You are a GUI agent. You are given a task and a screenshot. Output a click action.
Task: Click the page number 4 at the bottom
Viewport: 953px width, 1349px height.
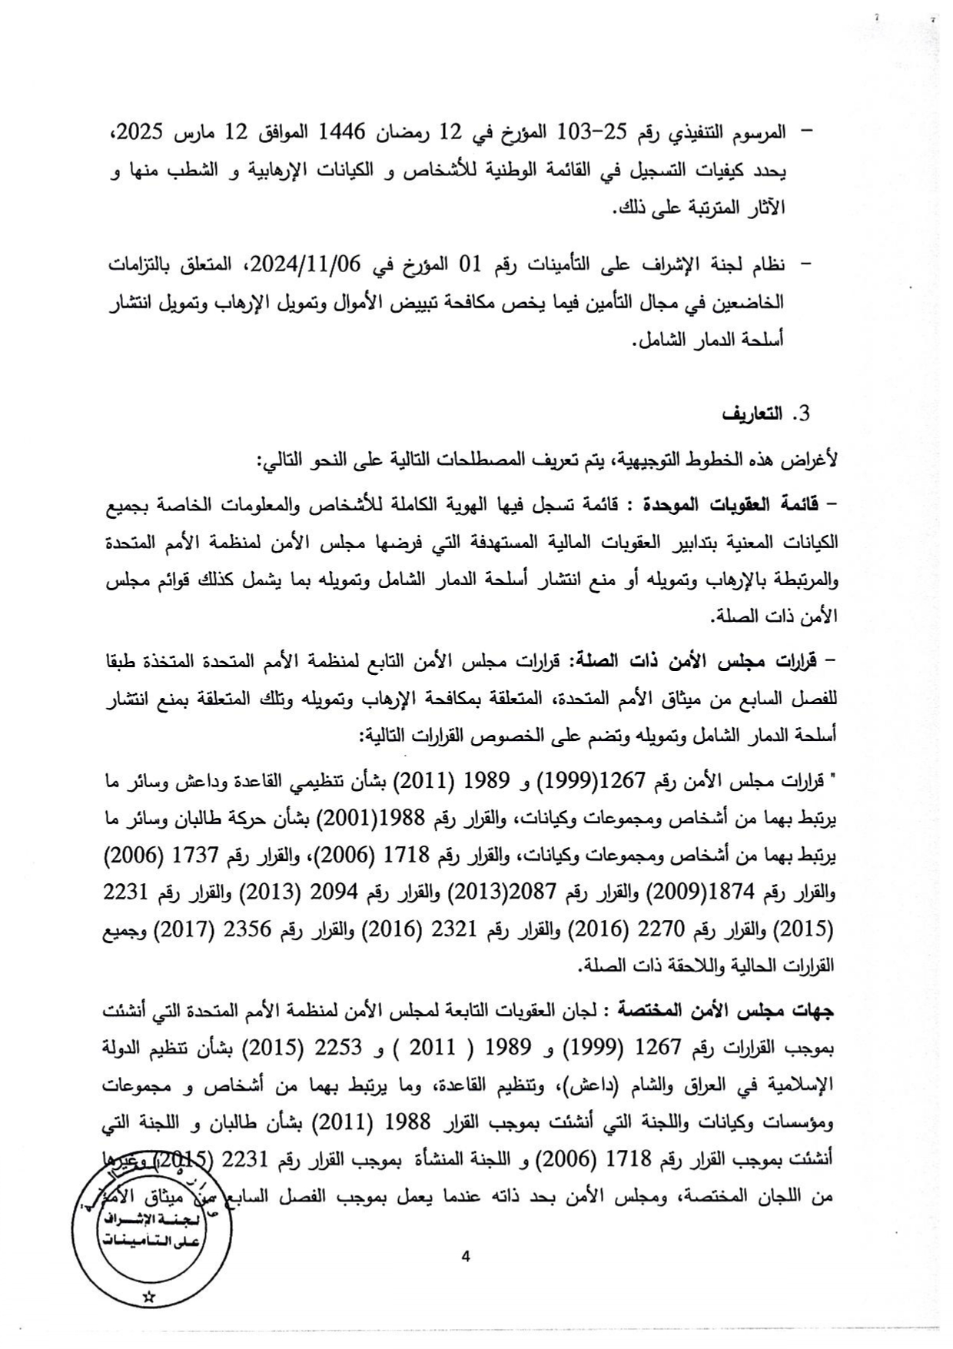[464, 1256]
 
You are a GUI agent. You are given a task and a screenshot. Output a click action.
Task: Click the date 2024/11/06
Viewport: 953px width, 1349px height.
[305, 265]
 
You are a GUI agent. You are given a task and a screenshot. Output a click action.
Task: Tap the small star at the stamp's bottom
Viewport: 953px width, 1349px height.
[149, 1297]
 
